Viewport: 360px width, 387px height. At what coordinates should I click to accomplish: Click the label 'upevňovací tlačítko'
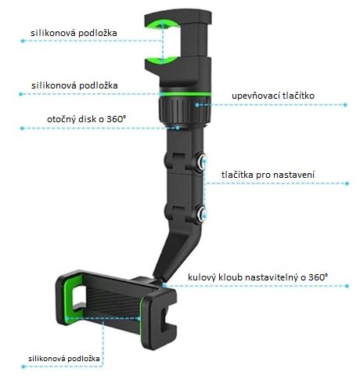click(x=273, y=96)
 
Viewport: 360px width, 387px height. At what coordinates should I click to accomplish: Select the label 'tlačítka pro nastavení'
click(x=268, y=175)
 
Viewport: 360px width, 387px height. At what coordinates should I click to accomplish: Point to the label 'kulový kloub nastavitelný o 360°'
click(x=257, y=277)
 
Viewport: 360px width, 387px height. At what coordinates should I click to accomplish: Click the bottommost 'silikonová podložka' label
click(x=64, y=359)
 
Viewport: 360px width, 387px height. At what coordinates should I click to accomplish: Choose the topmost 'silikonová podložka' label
click(x=74, y=33)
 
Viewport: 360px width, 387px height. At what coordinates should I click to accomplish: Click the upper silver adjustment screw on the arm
click(x=202, y=163)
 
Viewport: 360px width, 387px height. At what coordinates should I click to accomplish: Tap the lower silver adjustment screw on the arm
click(x=202, y=214)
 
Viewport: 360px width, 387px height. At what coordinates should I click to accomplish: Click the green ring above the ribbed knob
click(x=185, y=94)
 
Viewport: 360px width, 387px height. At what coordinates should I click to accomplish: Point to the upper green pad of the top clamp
click(x=162, y=24)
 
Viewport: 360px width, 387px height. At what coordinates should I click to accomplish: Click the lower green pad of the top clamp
click(x=162, y=60)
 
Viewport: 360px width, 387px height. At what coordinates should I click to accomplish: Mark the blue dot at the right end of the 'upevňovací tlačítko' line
click(x=345, y=105)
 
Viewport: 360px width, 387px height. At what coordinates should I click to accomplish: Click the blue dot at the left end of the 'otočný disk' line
click(x=22, y=128)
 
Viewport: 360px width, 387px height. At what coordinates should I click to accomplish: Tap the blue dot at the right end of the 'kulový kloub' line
click(x=347, y=286)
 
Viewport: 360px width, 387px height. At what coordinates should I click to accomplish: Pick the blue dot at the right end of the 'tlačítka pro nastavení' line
click(x=347, y=183)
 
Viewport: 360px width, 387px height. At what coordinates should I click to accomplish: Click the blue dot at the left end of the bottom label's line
click(x=23, y=367)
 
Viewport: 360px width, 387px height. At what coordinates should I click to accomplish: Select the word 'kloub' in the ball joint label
click(x=229, y=277)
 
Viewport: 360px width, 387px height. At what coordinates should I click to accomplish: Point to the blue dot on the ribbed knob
click(x=197, y=105)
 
